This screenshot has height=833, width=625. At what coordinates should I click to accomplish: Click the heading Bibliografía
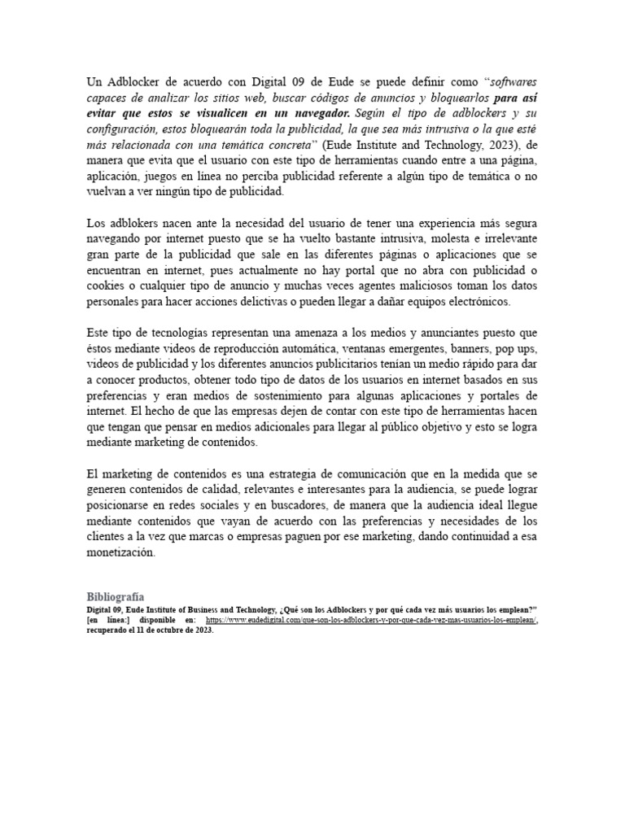tap(116, 596)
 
